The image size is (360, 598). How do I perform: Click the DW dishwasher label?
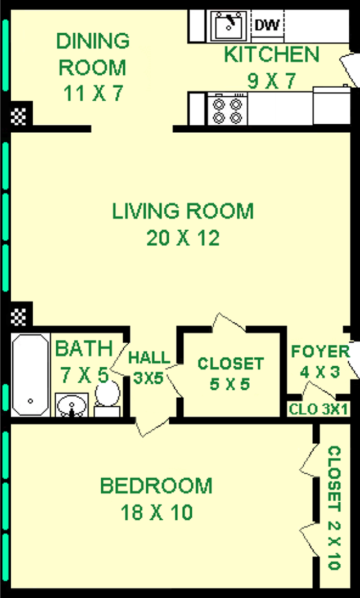pyautogui.click(x=267, y=25)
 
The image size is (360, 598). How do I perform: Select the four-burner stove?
pyautogui.click(x=227, y=110)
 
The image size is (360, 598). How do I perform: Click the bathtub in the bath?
pyautogui.click(x=30, y=375)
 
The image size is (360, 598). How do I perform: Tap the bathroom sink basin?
pyautogui.click(x=71, y=404)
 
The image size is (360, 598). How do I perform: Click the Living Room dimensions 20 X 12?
pyautogui.click(x=183, y=239)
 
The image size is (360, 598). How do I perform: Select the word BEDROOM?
pyautogui.click(x=156, y=485)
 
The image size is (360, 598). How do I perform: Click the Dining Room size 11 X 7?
pyautogui.click(x=93, y=93)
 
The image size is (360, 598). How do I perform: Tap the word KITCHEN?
pyautogui.click(x=272, y=54)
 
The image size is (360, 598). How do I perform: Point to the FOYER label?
pyautogui.click(x=320, y=351)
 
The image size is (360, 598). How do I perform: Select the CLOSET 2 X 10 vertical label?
pyautogui.click(x=334, y=507)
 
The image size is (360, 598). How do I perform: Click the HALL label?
pyautogui.click(x=149, y=358)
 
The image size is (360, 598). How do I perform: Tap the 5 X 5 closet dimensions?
pyautogui.click(x=229, y=384)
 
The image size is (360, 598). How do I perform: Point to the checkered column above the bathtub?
pyautogui.click(x=18, y=317)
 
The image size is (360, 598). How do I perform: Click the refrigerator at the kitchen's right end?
pyautogui.click(x=331, y=105)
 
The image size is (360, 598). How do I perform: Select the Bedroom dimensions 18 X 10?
pyautogui.click(x=157, y=512)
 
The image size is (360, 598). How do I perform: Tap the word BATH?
pyautogui.click(x=84, y=349)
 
